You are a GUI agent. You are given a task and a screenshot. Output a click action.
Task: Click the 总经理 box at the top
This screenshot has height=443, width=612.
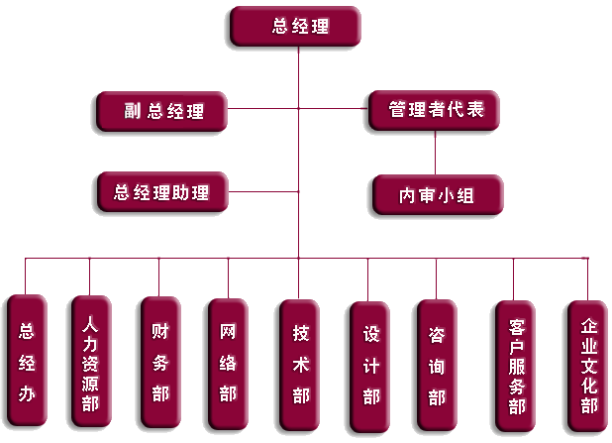tap(295, 27)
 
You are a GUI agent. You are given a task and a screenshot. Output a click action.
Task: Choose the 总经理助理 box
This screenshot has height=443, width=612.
tap(162, 191)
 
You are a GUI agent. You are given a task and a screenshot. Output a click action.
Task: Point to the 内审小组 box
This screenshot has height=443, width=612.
tap(437, 195)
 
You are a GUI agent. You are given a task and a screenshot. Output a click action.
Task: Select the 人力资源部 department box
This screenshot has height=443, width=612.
tap(90, 362)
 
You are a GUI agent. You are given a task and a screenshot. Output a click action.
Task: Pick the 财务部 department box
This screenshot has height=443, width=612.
tap(159, 362)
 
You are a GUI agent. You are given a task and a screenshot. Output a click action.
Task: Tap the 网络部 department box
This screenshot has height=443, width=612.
tap(228, 364)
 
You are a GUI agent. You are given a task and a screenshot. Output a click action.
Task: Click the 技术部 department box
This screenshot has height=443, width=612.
tap(300, 365)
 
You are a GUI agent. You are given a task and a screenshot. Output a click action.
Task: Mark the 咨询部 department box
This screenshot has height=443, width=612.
tap(437, 366)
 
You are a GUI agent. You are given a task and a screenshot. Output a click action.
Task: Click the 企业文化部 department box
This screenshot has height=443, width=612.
tap(589, 366)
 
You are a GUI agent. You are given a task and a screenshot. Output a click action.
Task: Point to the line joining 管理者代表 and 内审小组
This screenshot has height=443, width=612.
tap(436, 153)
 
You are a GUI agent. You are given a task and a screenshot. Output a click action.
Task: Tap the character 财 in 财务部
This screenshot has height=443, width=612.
tap(159, 330)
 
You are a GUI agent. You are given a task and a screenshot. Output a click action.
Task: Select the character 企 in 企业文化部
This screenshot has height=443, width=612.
tap(589, 327)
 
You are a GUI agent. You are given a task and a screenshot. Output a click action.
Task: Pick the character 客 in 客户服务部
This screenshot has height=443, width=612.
tap(517, 325)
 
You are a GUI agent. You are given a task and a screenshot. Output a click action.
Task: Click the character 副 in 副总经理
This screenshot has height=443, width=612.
tap(132, 112)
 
